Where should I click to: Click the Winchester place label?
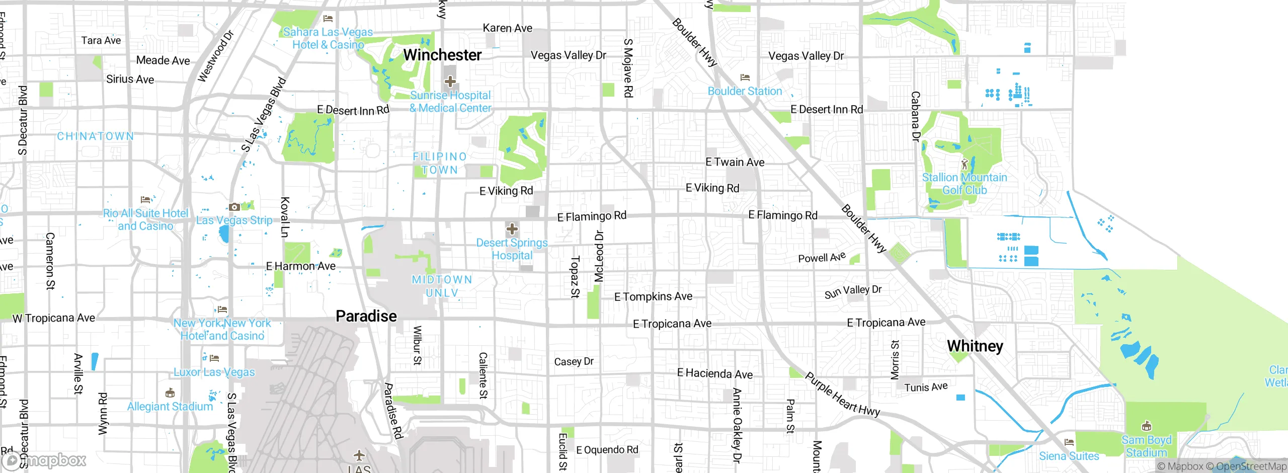tap(442, 55)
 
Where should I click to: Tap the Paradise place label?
tap(366, 316)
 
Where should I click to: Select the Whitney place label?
tap(975, 346)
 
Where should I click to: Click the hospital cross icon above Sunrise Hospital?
tap(450, 81)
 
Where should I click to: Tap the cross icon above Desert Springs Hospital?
tap(512, 229)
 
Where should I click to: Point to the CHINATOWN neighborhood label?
tap(96, 136)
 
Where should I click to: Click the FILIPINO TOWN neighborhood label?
tap(440, 163)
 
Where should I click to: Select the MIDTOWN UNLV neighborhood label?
tap(442, 286)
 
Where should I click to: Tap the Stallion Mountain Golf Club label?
tap(964, 184)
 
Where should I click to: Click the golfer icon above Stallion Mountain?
tap(964, 165)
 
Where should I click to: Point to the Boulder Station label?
tap(745, 91)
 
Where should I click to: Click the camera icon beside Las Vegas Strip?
tap(234, 207)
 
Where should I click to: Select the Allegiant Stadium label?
tap(170, 406)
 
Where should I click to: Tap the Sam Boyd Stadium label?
tap(1146, 446)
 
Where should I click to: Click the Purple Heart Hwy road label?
tap(842, 394)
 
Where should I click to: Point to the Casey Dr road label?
tap(574, 361)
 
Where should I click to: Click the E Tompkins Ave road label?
tap(653, 296)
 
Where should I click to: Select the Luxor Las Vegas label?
tap(214, 372)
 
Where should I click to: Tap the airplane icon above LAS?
tap(359, 455)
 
